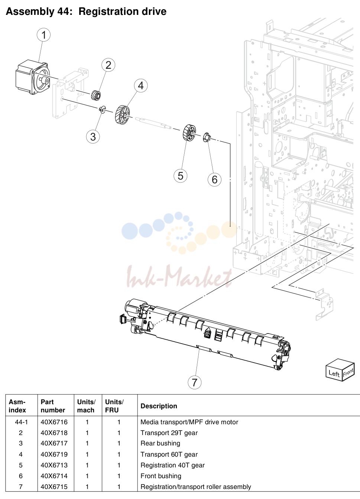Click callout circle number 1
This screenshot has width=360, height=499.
(x=43, y=35)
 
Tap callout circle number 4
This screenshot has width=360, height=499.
(x=141, y=86)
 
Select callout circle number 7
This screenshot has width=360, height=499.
(x=195, y=382)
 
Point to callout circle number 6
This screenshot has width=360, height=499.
(x=214, y=180)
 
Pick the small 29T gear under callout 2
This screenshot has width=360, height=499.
(x=96, y=96)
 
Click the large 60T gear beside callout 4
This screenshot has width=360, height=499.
(x=123, y=115)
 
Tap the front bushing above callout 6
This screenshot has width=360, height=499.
(x=207, y=137)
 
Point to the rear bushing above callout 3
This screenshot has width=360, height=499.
(x=103, y=109)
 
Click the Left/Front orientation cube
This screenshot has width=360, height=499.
(x=340, y=370)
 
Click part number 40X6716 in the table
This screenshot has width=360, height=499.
(x=54, y=422)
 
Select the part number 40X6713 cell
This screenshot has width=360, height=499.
(x=54, y=465)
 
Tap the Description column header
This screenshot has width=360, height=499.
(x=159, y=406)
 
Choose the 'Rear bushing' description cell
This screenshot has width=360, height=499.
(x=160, y=443)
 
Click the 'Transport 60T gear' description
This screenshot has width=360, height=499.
(x=169, y=454)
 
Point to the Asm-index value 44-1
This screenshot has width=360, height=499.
(x=21, y=422)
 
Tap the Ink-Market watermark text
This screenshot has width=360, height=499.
(x=179, y=276)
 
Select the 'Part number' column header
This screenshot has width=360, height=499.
(x=53, y=406)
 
